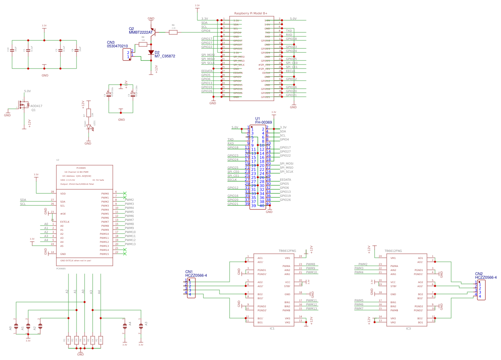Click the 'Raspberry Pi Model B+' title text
point(251,13)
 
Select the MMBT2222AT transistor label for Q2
point(141,32)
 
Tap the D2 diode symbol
point(151,52)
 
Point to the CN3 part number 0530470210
point(117,46)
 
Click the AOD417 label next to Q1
point(36,106)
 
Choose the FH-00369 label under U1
point(263,122)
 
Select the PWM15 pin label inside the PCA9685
point(105,254)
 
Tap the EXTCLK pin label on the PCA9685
point(65,222)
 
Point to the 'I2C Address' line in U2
point(77,176)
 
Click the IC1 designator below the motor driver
point(272,329)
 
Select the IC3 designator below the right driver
point(408,329)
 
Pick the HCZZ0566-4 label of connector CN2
point(486,277)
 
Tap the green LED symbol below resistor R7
point(89,127)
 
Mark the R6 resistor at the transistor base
point(173,32)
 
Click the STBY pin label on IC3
point(393,286)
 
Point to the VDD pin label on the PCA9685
point(63,194)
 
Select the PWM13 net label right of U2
point(130,244)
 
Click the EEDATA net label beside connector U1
point(285,180)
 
